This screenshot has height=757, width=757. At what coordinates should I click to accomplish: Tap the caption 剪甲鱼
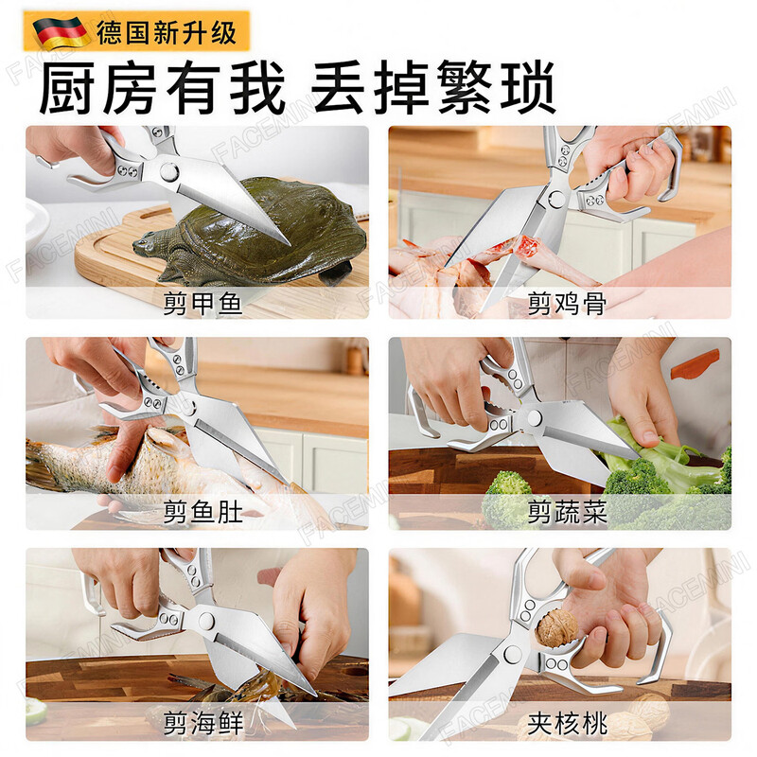(x=202, y=303)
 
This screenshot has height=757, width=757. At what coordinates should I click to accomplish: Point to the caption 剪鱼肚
(x=202, y=513)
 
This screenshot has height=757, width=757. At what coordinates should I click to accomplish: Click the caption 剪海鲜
(x=202, y=724)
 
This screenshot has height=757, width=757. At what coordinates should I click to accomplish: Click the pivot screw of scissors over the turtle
(x=169, y=172)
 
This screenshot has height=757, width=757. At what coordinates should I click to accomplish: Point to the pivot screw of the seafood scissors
(x=206, y=620)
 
